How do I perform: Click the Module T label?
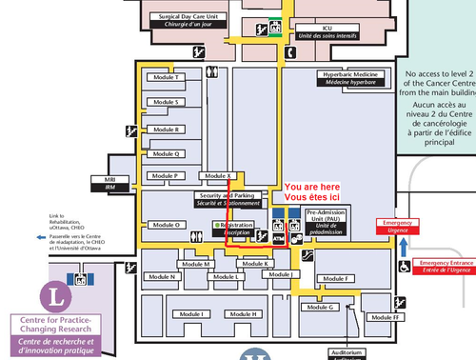pyautogui.click(x=164, y=76)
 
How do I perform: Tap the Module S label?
pyautogui.click(x=164, y=102)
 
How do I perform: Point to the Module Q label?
pyautogui.click(x=164, y=153)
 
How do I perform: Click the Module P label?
pyautogui.click(x=164, y=176)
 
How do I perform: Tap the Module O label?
pyautogui.click(x=164, y=225)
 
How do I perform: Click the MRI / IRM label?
pyautogui.click(x=109, y=182)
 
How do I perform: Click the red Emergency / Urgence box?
pyautogui.click(x=397, y=226)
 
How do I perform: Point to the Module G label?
pyautogui.click(x=319, y=307)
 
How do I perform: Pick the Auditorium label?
pyautogui.click(x=345, y=352)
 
